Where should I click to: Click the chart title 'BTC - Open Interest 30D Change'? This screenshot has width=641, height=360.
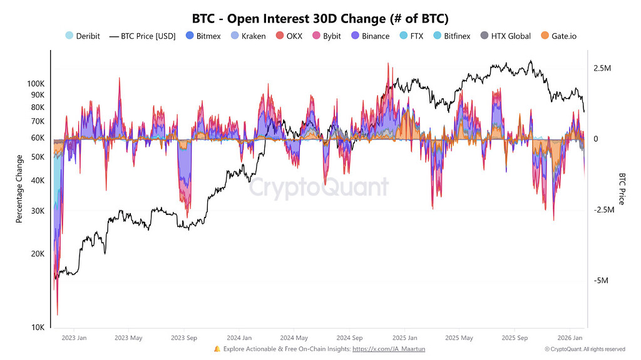[320, 18]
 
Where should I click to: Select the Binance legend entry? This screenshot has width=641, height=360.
[369, 36]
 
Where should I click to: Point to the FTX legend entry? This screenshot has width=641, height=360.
[411, 36]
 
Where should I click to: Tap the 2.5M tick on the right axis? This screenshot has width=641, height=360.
[602, 67]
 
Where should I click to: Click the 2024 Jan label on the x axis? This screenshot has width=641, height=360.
[239, 338]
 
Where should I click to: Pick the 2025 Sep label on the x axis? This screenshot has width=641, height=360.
[515, 338]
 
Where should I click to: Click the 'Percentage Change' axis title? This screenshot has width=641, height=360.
[19, 189]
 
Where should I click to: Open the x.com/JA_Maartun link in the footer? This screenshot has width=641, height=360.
[389, 349]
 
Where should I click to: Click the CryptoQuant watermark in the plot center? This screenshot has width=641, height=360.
[319, 187]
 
